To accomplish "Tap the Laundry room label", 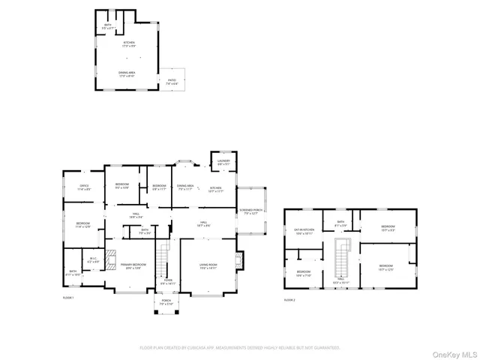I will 223,161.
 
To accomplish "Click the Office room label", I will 84,187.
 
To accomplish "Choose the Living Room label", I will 207,266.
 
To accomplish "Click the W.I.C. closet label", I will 94,259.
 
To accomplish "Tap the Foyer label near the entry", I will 166,281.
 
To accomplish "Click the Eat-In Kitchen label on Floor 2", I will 304,232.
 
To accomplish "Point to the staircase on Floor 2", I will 343,259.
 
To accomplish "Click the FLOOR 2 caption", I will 289,299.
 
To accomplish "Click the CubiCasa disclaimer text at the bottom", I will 240,348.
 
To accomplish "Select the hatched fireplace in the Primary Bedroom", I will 111,259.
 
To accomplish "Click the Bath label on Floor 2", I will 340,222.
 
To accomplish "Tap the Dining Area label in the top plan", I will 127,74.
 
